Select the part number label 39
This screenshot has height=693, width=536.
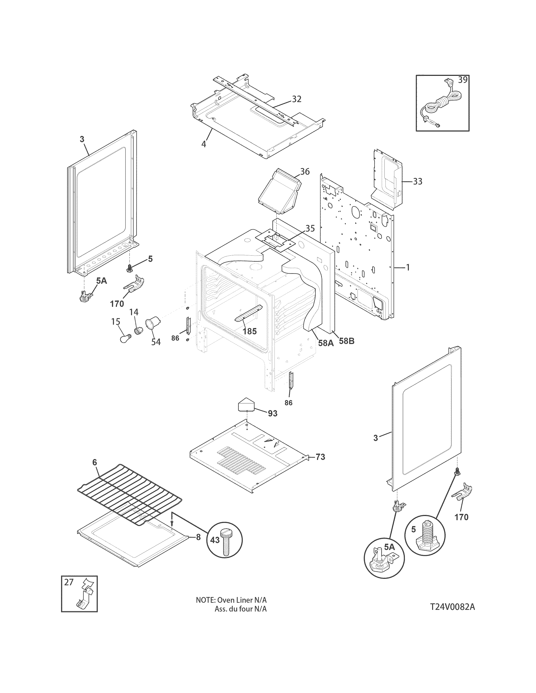click(x=463, y=80)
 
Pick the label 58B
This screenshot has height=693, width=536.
click(x=346, y=341)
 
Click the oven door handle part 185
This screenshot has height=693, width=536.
click(x=248, y=312)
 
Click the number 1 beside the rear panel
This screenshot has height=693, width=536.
click(x=408, y=268)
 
